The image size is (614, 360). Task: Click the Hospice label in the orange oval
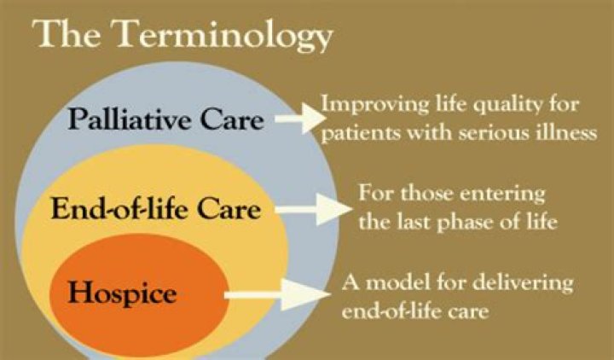(x=124, y=294)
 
